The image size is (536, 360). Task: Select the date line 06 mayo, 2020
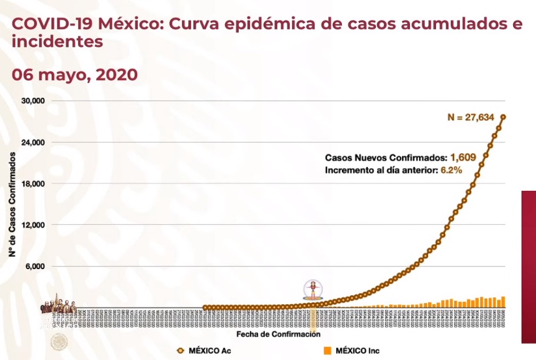(x=74, y=75)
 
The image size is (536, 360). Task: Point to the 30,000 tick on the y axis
(x=33, y=101)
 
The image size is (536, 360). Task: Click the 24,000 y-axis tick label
(x=33, y=143)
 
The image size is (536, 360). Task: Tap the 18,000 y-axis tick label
(x=33, y=183)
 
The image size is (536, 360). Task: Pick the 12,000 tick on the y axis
(x=33, y=225)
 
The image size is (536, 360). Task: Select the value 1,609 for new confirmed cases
(x=462, y=157)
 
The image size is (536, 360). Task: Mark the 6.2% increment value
(x=450, y=170)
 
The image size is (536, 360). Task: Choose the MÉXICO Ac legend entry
(x=204, y=350)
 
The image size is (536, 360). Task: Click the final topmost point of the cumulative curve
(x=503, y=117)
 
